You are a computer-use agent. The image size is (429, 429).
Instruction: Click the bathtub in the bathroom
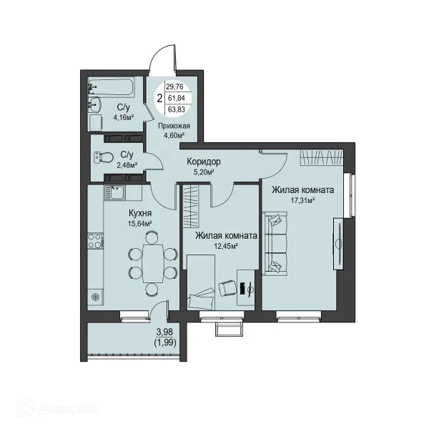point(112,87)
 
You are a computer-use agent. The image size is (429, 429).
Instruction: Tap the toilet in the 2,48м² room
point(104,158)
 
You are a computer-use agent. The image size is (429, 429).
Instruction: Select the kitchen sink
point(114,192)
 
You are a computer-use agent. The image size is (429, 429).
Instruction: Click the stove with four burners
point(95,241)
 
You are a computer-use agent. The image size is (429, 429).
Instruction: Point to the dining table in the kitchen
point(153,263)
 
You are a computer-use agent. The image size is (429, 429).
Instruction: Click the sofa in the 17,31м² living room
point(275,244)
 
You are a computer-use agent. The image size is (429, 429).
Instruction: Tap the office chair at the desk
point(227,289)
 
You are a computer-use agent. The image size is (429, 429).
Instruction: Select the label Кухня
point(140,213)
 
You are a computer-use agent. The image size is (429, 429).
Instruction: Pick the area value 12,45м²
point(226,246)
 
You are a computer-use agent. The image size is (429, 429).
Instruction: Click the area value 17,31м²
point(302,200)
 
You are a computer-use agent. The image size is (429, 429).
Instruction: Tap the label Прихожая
point(174,126)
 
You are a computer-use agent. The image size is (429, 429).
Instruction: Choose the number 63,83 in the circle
point(176,109)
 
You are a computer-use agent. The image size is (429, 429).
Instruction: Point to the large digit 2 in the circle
point(159,98)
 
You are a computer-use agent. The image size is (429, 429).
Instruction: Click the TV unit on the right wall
point(338,244)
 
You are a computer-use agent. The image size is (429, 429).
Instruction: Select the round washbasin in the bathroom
point(94,104)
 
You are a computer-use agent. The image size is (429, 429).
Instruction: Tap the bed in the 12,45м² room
point(200,282)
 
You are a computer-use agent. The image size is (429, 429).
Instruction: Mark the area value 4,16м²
point(124,118)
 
